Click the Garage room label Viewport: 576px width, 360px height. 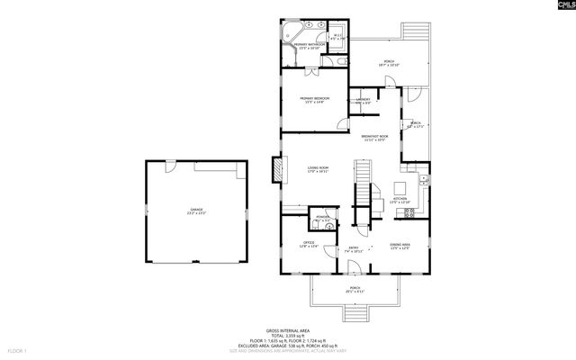click(196, 212)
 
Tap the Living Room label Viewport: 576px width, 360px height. click(317, 169)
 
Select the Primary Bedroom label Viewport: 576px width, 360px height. click(315, 100)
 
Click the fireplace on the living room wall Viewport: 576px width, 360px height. click(277, 170)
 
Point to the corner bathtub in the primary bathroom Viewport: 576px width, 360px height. click(294, 35)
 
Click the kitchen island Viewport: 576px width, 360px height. click(400, 189)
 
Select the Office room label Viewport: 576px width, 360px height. click(308, 245)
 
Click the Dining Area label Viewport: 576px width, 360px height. click(400, 246)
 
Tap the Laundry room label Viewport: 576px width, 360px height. click(363, 101)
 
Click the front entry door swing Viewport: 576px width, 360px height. click(355, 267)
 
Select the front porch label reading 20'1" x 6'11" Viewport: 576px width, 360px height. click(355, 291)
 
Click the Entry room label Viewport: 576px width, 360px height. click(354, 250)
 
